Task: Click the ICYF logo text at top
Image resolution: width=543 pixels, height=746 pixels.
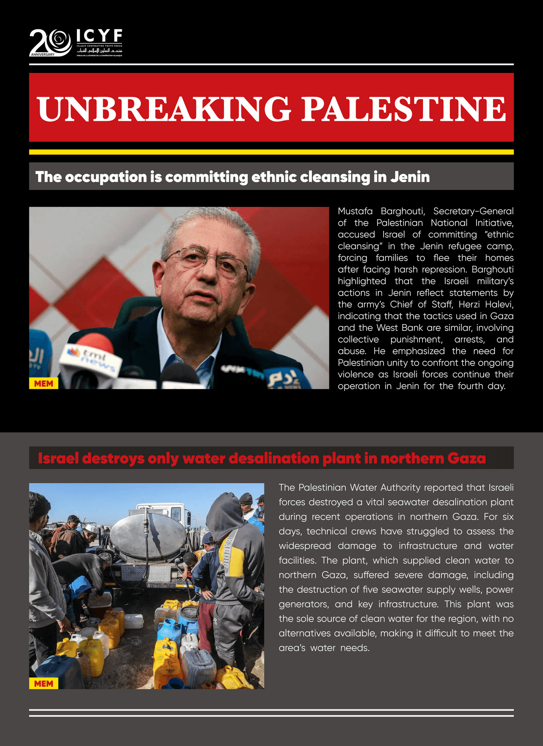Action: click(99, 36)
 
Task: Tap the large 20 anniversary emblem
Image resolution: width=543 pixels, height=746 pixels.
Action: click(50, 43)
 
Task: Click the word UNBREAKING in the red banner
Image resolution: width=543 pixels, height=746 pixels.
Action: click(164, 109)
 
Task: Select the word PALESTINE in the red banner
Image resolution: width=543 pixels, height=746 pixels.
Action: click(404, 109)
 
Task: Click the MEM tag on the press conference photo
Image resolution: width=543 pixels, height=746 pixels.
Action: click(43, 383)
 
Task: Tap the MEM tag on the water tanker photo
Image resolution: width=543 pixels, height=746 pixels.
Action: click(43, 684)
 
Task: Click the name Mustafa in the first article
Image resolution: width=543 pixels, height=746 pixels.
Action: click(355, 211)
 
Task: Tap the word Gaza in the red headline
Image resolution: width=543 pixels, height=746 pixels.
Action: click(466, 459)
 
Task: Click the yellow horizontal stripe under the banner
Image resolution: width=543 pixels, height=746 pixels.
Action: click(271, 152)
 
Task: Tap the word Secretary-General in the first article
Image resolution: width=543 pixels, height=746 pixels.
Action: click(473, 211)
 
